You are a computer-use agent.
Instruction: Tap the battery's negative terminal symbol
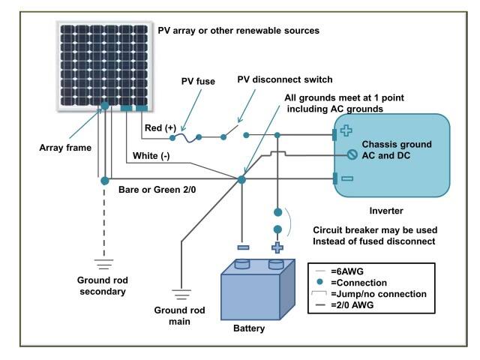[x=241, y=246]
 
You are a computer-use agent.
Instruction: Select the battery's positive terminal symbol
[x=277, y=247]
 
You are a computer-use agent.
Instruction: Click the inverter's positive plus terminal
[x=345, y=130]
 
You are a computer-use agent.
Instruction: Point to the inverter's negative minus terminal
[x=346, y=179]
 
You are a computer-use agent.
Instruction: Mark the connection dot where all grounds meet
[x=241, y=179]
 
